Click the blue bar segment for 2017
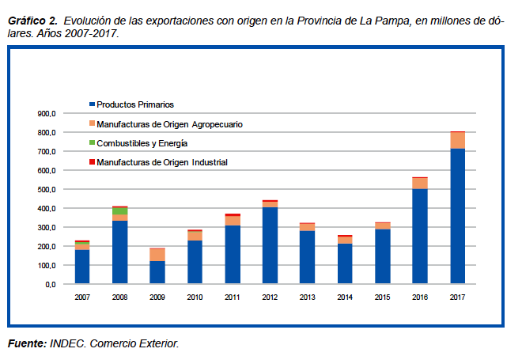457,215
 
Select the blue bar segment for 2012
270,244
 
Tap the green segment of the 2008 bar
119,211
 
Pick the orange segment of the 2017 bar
457,140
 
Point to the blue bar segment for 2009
157,271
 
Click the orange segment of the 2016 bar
420,184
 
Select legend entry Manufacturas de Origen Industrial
161,162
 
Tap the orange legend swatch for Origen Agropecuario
92,124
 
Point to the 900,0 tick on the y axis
46,113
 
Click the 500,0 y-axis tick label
46,189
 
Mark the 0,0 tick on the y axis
50,284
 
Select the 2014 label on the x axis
345,297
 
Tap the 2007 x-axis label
82,297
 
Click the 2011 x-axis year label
233,297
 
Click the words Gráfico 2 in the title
31,19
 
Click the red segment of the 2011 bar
233,214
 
